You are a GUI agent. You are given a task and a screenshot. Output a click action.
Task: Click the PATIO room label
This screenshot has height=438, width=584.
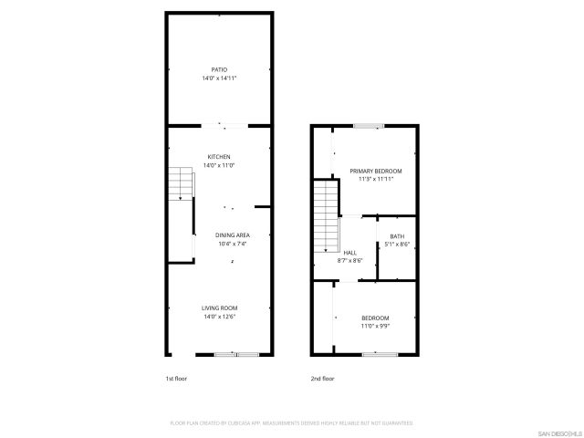(219, 69)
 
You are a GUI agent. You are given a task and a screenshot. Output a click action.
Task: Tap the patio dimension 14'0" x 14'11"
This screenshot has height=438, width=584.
(219, 78)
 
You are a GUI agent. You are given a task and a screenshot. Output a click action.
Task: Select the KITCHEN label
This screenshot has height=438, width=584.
(219, 156)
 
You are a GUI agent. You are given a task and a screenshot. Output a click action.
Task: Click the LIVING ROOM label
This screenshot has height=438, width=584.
(219, 308)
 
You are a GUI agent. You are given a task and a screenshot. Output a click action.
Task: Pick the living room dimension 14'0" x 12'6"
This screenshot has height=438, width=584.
(219, 317)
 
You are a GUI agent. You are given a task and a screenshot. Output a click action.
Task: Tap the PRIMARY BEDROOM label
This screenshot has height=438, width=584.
(375, 171)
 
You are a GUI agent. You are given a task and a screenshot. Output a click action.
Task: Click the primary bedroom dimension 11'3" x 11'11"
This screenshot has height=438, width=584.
(375, 180)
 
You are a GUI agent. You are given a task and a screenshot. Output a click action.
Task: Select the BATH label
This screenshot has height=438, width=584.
(397, 235)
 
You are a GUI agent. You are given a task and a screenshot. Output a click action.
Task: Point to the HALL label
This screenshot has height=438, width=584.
(350, 252)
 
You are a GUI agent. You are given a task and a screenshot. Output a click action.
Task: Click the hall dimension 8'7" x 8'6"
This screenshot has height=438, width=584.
(350, 261)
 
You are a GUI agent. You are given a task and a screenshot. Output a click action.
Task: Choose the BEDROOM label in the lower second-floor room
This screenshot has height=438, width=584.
(374, 317)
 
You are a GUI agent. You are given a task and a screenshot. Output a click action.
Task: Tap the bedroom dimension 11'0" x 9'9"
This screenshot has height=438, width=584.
(374, 326)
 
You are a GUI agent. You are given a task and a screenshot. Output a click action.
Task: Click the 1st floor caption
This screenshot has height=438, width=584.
(176, 378)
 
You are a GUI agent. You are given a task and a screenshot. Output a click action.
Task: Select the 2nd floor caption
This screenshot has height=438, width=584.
(323, 378)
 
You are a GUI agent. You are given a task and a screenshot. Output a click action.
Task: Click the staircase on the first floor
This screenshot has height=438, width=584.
(182, 184)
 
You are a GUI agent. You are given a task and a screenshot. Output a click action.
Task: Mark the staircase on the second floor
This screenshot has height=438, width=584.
(326, 217)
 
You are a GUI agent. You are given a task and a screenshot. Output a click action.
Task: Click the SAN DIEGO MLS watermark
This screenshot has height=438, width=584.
(557, 432)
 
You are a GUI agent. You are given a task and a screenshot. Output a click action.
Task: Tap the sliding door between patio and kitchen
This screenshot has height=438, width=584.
(224, 124)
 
